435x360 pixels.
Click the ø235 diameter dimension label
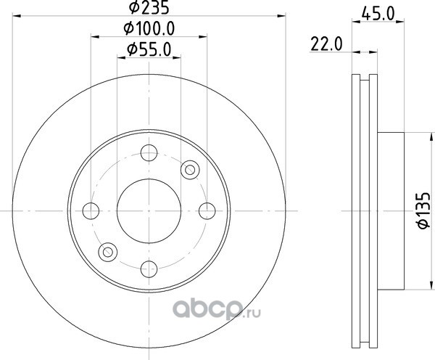pos(149,7)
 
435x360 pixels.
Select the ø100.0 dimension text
pos(149,28)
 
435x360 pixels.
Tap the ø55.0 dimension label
pos(149,50)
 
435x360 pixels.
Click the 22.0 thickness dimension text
pos(326,44)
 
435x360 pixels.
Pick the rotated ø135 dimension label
pos(424,210)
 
